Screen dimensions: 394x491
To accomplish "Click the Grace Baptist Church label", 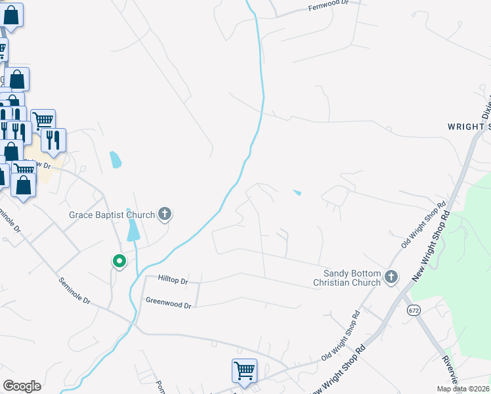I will (x=112, y=215).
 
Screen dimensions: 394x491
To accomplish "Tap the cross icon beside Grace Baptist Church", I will (x=164, y=213).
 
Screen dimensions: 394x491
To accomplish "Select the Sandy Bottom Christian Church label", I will (x=352, y=277).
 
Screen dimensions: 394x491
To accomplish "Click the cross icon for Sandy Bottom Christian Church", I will (x=391, y=277).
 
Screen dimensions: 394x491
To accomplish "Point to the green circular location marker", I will (x=119, y=261).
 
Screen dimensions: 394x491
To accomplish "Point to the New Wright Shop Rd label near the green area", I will (x=431, y=246).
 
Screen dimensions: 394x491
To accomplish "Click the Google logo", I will (x=22, y=386).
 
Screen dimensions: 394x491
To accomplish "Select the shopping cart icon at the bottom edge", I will (x=244, y=370).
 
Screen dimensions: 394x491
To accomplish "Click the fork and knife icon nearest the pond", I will (x=53, y=139).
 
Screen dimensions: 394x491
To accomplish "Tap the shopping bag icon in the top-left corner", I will (x=12, y=14).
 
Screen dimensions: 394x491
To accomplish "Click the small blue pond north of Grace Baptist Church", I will (x=116, y=160).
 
